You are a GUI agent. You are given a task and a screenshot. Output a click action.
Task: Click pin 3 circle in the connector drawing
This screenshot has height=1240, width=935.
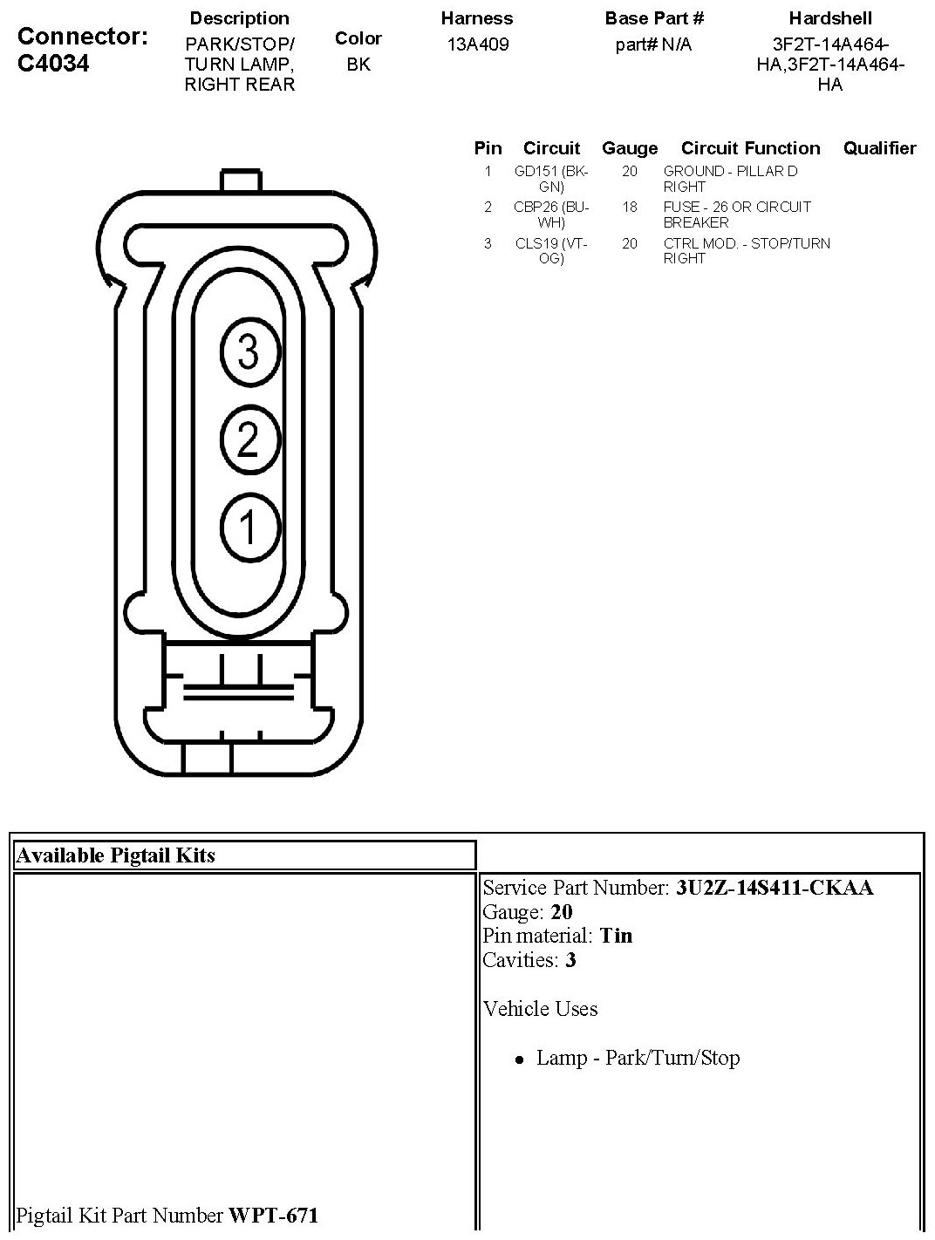click(x=249, y=352)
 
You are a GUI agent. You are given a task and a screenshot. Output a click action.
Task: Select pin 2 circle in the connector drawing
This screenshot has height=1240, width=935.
click(x=249, y=439)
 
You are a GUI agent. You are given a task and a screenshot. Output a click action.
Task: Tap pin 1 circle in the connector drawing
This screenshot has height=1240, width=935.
click(x=249, y=528)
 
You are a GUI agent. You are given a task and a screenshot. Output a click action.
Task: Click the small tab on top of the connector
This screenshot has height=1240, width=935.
click(x=242, y=181)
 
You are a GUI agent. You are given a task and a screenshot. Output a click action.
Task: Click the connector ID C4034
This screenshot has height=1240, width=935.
click(x=53, y=63)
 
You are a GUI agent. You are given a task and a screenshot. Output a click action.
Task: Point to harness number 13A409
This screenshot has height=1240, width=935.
click(x=477, y=44)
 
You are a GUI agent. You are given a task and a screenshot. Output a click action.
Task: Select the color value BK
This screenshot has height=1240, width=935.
click(x=358, y=64)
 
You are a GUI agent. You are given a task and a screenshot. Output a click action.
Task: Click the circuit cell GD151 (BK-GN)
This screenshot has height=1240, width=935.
click(x=551, y=179)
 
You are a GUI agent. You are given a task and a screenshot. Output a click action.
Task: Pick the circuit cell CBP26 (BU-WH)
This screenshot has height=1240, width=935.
click(x=551, y=215)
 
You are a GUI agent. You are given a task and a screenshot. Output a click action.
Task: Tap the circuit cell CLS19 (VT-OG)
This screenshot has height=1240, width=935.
click(x=551, y=251)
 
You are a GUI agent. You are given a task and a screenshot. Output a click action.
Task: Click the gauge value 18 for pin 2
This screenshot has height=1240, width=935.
click(x=630, y=208)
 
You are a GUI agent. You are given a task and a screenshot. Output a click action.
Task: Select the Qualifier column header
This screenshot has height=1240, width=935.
click(x=879, y=148)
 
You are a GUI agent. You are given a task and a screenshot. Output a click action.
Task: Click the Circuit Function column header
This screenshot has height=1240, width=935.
click(x=750, y=148)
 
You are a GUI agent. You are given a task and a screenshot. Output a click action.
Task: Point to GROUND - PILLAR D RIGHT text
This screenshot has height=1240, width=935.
click(x=730, y=179)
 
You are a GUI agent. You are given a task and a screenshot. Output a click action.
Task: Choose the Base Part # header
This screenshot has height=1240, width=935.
click(x=654, y=18)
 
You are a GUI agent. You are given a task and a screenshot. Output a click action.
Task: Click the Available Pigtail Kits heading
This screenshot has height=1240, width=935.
click(x=115, y=855)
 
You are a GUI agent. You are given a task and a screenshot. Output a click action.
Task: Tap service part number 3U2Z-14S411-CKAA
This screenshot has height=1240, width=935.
click(x=775, y=888)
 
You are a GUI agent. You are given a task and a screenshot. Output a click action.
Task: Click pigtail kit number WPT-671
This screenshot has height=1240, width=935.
click(x=273, y=1215)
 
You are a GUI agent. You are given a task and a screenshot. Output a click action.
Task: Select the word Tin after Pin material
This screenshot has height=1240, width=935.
click(x=617, y=936)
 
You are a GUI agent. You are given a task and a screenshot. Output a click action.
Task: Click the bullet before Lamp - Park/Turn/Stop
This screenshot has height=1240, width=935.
click(x=520, y=1060)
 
